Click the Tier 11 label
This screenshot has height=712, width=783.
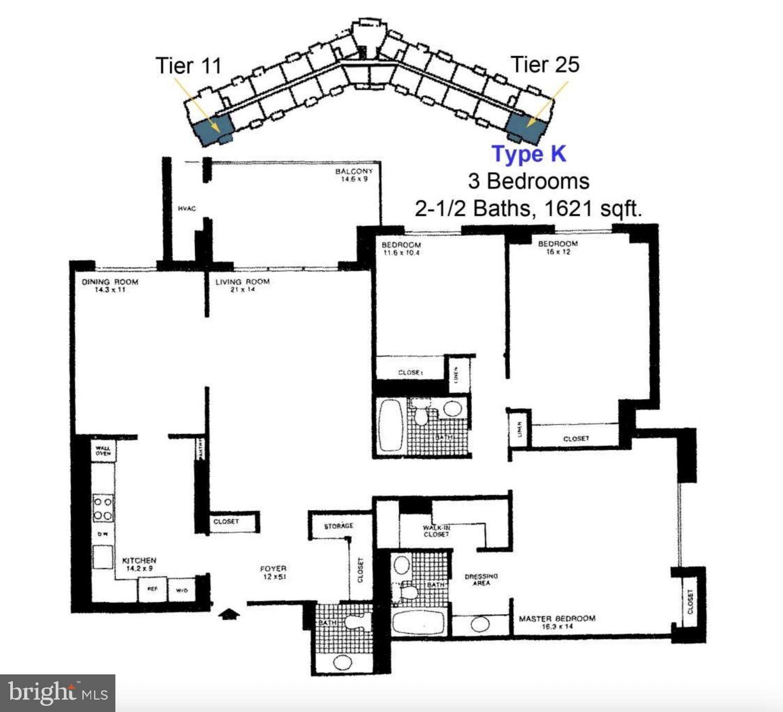point(188,66)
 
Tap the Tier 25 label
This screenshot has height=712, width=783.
point(544,64)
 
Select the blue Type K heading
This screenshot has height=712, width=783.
point(529,154)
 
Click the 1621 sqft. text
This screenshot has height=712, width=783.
point(593,209)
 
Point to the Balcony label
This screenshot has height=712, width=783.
point(353,171)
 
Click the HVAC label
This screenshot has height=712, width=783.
point(186,209)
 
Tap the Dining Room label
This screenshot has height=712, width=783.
point(110,282)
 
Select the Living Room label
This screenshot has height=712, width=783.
point(242,282)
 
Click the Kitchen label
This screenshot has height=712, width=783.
point(139,560)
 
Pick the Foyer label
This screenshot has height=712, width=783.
point(273,569)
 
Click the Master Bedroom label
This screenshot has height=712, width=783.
point(557,618)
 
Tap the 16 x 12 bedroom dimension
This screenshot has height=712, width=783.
point(558,252)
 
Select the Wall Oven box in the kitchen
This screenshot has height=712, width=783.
point(103,451)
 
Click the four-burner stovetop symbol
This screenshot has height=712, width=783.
point(103,508)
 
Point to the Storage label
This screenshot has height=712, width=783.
point(338,526)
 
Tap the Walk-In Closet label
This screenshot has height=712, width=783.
point(436,531)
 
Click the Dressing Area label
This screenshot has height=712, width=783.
point(481,580)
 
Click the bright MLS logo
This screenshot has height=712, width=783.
point(58,693)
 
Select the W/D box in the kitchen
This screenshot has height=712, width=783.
point(182,590)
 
